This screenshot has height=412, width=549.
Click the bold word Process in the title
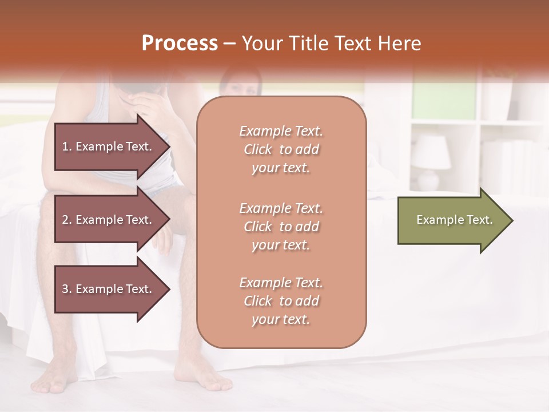point(180,43)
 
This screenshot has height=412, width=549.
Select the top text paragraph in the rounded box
point(281,149)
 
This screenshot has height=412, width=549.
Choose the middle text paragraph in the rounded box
point(281,227)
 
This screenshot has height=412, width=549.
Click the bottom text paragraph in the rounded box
point(281,301)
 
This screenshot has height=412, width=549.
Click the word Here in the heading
point(400,43)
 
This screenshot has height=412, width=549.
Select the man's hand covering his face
point(143,103)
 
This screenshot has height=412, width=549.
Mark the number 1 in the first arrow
point(65,146)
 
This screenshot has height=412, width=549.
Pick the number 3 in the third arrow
point(65,289)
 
